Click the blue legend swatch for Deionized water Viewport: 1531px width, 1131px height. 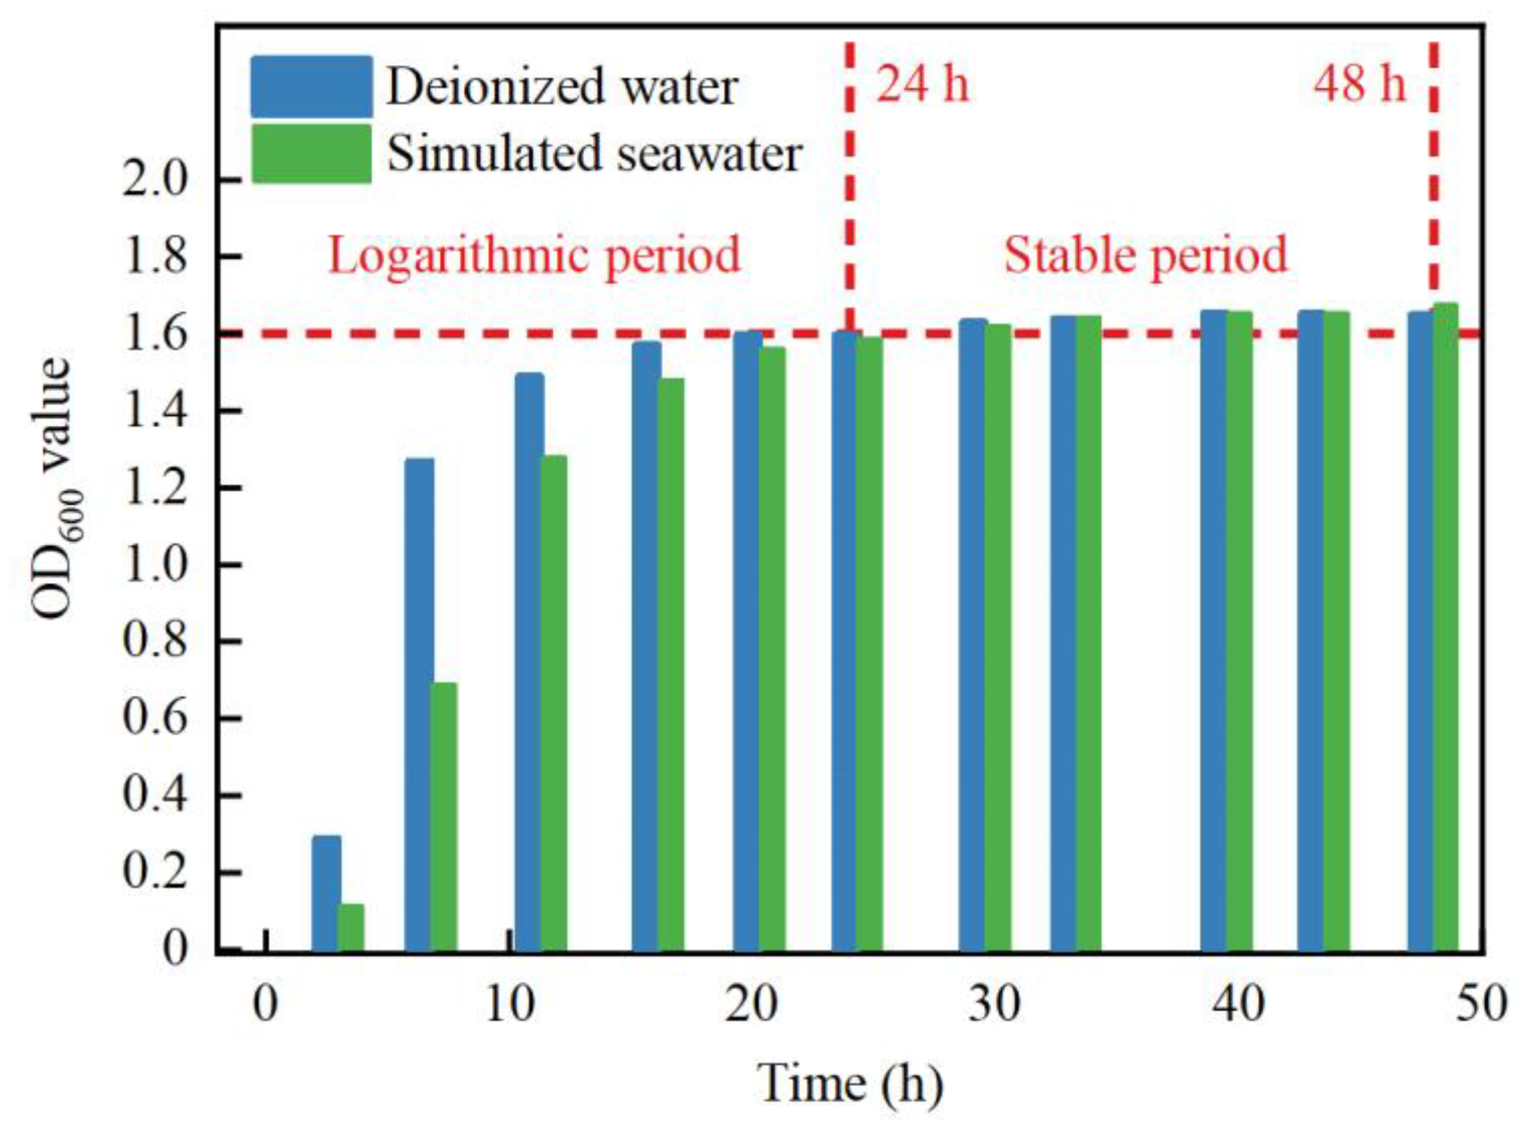(x=311, y=87)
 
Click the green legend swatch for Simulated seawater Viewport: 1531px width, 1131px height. (x=311, y=154)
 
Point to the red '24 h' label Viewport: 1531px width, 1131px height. (x=923, y=87)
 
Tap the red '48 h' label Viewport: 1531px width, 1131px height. (x=1359, y=87)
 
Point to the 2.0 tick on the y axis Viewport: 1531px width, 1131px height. (x=155, y=180)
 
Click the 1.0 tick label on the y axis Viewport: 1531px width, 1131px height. (x=155, y=565)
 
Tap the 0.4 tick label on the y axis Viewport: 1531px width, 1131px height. (x=155, y=796)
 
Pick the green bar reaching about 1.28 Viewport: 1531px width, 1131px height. (x=554, y=703)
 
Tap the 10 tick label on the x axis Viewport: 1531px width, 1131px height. (x=509, y=1004)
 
